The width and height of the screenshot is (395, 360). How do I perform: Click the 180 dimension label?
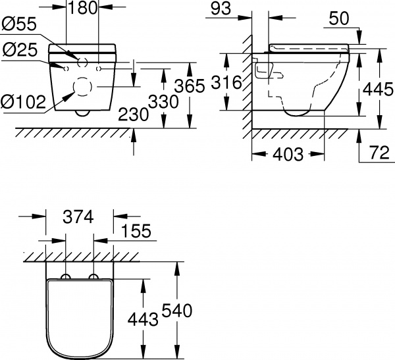[83, 8]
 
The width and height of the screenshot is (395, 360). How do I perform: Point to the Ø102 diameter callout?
[23, 103]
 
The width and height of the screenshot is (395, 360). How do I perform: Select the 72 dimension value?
[379, 155]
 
